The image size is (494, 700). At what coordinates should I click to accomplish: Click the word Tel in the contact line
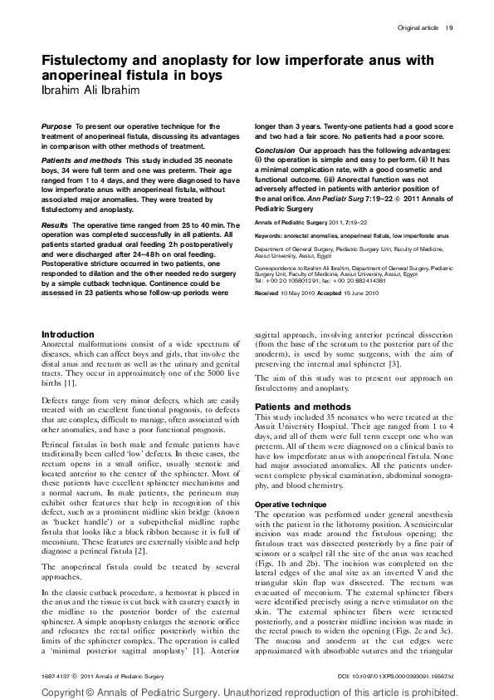tap(258, 282)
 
